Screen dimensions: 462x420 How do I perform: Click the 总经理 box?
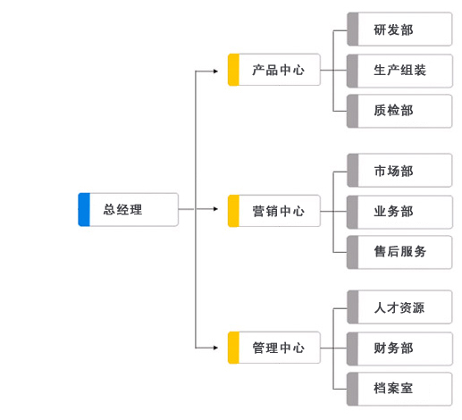pos(128,209)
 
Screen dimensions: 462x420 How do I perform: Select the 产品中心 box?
pos(274,70)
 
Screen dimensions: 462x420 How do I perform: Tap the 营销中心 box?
pos(274,211)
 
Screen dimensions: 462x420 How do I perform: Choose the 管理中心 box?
pos(274,348)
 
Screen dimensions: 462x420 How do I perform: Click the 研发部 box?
pos(399,29)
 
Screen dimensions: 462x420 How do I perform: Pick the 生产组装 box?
pos(399,71)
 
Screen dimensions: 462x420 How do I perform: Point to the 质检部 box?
pos(399,111)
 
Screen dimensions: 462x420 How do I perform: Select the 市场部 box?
pos(399,171)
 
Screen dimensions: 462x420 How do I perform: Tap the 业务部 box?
pos(399,212)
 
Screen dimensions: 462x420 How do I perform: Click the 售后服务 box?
pos(399,252)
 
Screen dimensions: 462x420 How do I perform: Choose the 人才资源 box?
pos(399,307)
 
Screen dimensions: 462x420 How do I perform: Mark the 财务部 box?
pos(399,349)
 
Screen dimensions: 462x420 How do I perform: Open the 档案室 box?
pos(399,389)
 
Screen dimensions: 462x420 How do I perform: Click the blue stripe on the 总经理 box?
pos(84,209)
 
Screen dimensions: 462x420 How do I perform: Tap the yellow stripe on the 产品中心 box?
pos(233,70)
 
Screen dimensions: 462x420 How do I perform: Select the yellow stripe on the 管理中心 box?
pos(233,348)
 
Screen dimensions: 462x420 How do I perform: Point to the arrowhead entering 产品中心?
pos(216,71)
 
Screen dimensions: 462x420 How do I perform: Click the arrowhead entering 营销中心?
pos(216,209)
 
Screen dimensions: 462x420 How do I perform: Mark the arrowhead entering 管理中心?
pos(216,348)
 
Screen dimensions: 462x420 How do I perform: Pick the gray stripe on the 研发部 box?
pos(353,29)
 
